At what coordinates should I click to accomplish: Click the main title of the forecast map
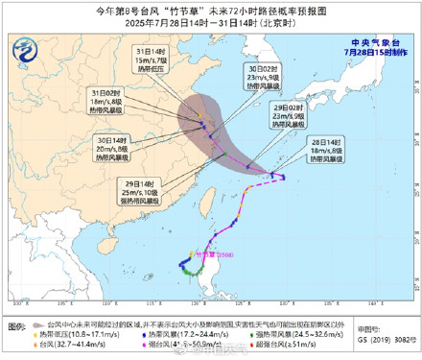pyautogui.click(x=211, y=11)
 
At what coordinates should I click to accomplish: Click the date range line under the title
pyautogui.click(x=211, y=23)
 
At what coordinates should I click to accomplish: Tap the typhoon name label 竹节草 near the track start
pyautogui.click(x=216, y=255)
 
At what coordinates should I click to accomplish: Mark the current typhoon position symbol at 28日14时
pyautogui.click(x=275, y=176)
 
